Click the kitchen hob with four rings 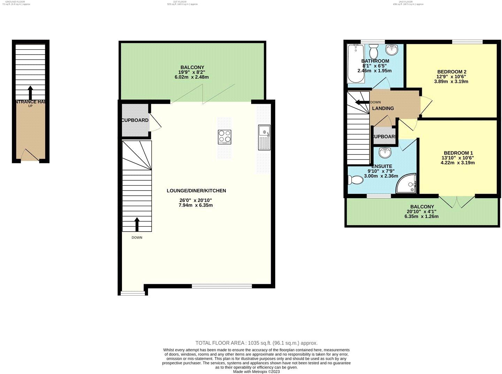point(225,137)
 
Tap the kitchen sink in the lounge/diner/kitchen point(264,137)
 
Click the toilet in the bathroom point(374,52)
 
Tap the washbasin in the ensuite point(385,152)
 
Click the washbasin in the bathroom point(393,49)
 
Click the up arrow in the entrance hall point(30,92)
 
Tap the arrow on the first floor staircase point(137,224)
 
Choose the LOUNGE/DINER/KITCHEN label point(196,190)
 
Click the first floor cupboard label point(135,120)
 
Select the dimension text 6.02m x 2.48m point(192,77)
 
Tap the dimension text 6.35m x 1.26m point(422,216)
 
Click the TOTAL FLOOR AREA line point(256,343)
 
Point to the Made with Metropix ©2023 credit point(256,372)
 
